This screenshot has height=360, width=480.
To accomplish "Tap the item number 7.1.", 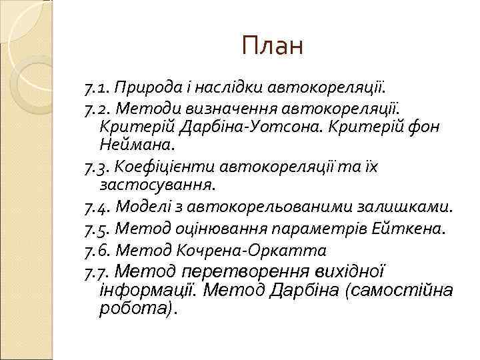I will pyautogui.click(x=97, y=87).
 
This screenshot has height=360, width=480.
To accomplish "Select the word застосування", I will pyautogui.click(x=157, y=182).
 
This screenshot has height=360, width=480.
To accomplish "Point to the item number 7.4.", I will pyautogui.click(x=97, y=208).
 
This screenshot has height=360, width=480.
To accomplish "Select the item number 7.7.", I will pyautogui.click(x=97, y=273).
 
